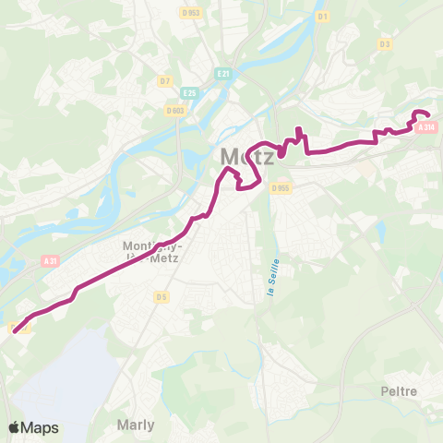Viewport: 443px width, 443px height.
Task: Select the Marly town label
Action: point(136,425)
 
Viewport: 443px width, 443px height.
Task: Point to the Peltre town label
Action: point(399,391)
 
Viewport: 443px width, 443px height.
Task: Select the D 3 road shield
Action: point(385,43)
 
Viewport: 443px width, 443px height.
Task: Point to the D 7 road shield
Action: point(165,81)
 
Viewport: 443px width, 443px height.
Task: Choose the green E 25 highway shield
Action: point(189,92)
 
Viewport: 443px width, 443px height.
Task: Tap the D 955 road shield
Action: point(281,188)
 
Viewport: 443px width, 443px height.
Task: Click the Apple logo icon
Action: point(14,427)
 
